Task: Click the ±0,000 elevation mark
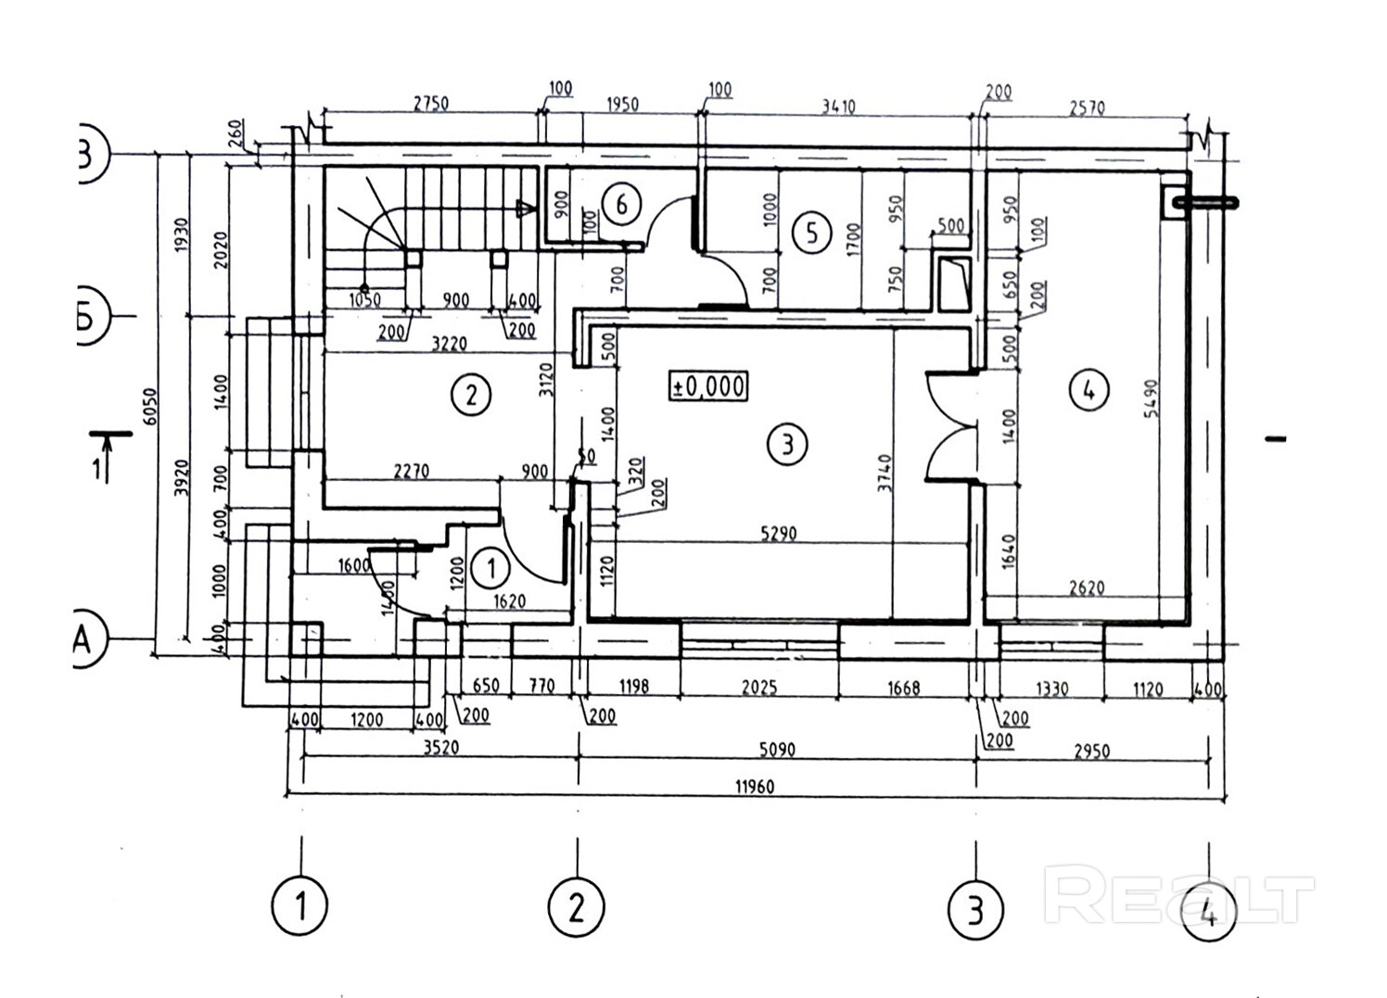pyautogui.click(x=708, y=385)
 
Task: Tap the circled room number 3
pyautogui.click(x=787, y=445)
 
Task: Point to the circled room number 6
pyautogui.click(x=621, y=202)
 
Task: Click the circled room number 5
pyautogui.click(x=812, y=232)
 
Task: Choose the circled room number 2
pyautogui.click(x=471, y=396)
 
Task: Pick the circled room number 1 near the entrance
pyautogui.click(x=491, y=568)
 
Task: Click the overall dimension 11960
pyautogui.click(x=754, y=787)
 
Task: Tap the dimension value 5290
pyautogui.click(x=778, y=534)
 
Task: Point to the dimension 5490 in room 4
pyautogui.click(x=1152, y=397)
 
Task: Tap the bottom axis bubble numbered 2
pyautogui.click(x=576, y=907)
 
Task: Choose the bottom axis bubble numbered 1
pyautogui.click(x=300, y=905)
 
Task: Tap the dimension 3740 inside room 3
pyautogui.click(x=885, y=473)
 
